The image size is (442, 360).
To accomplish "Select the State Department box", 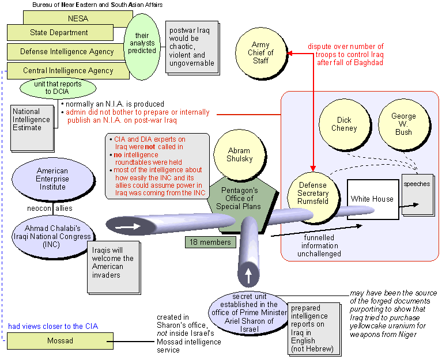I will click(59, 33).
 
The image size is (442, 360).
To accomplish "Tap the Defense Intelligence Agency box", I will click(67, 51).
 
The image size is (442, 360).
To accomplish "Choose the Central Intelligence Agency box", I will click(67, 71).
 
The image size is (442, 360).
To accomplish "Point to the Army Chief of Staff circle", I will click(260, 53).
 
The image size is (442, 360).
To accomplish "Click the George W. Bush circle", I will click(403, 124).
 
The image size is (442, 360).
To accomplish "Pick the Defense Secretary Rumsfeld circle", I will click(312, 194).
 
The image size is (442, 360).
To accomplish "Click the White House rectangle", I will click(373, 199).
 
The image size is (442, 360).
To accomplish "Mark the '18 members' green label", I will click(211, 242).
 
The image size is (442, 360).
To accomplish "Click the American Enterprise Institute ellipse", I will click(52, 179).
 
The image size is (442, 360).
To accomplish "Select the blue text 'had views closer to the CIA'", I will click(53, 327).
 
